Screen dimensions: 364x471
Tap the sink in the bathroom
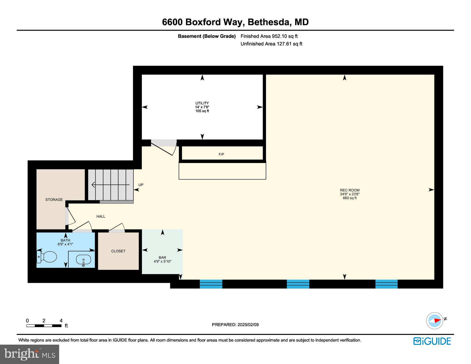point(83,260)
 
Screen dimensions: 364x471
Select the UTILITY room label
point(202,103)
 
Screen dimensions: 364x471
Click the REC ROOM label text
point(350,190)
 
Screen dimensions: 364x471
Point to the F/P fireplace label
point(221,154)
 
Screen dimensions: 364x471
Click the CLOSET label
point(118,251)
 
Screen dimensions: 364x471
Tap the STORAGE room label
point(54,200)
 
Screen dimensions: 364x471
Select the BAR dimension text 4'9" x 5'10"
point(162,261)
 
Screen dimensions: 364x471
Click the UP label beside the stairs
point(141,185)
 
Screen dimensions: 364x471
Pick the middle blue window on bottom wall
point(298,284)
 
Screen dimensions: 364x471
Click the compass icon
point(435,321)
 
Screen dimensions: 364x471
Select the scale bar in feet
point(44,326)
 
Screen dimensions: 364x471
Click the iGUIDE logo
point(432,341)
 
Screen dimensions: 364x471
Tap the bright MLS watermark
point(30,354)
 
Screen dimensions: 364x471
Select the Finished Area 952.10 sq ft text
point(269,36)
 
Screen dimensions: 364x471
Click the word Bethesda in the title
point(269,22)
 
